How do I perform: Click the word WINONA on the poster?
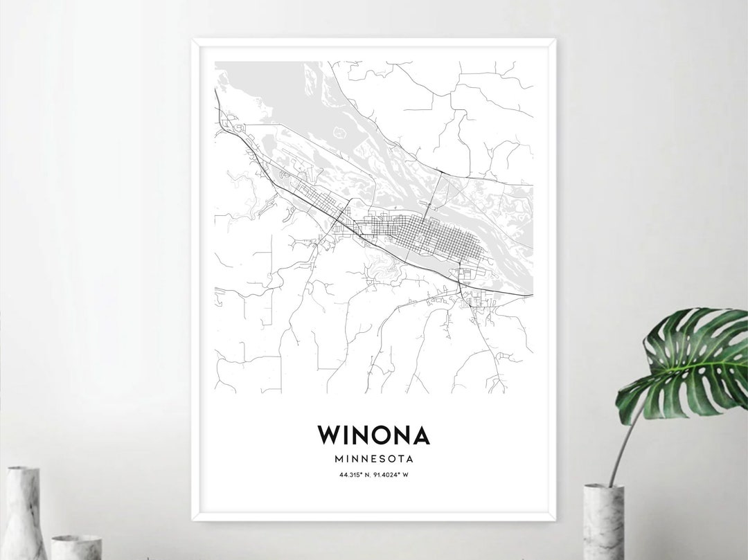[x=373, y=435]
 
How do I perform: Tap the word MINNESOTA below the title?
[x=373, y=458]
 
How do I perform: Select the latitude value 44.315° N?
[x=355, y=474]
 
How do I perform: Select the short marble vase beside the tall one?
[x=76, y=547]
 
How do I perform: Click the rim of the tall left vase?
[x=23, y=470]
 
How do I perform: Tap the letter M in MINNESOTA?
[x=338, y=458]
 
